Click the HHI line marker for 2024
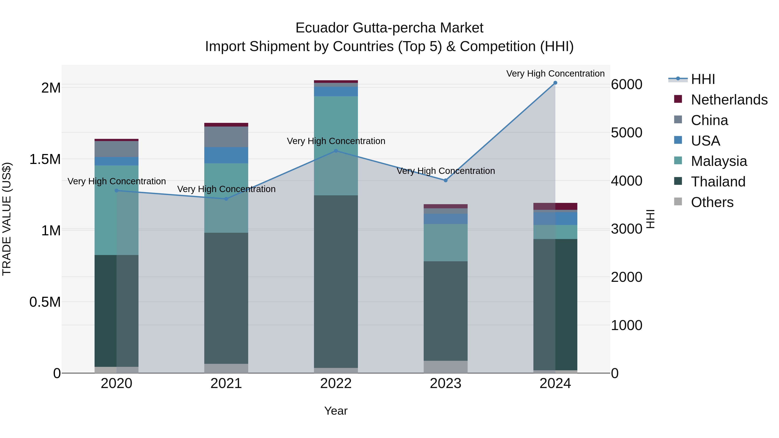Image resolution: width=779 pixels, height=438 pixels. [x=555, y=83]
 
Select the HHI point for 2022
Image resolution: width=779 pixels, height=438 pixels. [x=336, y=151]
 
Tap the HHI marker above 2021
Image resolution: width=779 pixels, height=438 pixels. [x=226, y=199]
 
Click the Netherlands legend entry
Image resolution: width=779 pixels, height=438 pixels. [x=729, y=100]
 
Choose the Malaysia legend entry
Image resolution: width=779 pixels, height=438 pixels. [x=718, y=161]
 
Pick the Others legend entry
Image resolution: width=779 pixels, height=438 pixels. [x=712, y=202]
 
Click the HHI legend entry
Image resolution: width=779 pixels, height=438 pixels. [x=703, y=79]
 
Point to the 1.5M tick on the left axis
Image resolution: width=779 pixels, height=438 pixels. [x=45, y=159]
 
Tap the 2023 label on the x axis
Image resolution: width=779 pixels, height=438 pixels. [x=446, y=383]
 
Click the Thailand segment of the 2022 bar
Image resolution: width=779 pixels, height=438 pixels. [x=336, y=281]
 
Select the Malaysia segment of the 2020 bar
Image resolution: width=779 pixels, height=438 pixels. [x=116, y=210]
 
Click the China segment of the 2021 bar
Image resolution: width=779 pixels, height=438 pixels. [x=226, y=137]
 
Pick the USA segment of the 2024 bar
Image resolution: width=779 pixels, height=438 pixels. [x=555, y=218]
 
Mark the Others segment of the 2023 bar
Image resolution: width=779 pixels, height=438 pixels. [x=446, y=367]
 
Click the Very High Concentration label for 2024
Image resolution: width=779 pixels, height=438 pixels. [x=555, y=74]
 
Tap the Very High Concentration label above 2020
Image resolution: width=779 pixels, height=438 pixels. [x=116, y=181]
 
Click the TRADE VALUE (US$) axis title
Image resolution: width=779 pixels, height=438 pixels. [x=7, y=219]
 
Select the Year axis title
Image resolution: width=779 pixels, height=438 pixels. [x=336, y=411]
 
